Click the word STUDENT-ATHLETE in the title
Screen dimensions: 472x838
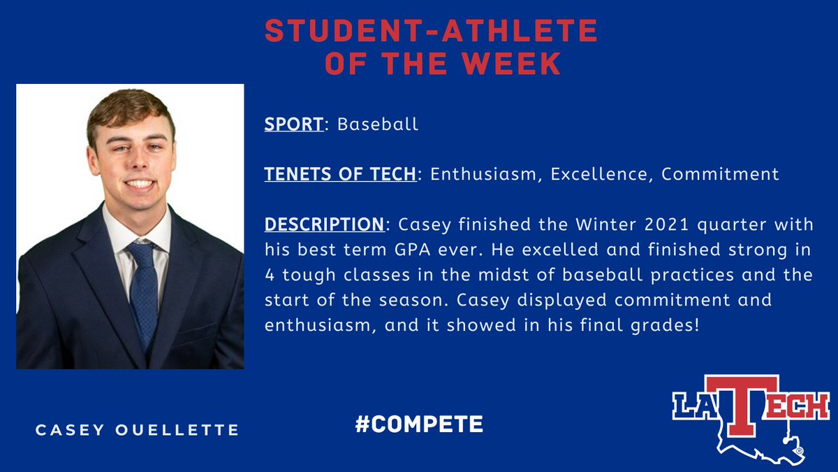tap(431, 32)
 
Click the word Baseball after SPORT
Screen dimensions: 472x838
tap(378, 124)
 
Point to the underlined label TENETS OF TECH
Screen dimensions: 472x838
tap(340, 174)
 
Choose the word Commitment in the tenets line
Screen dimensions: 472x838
tap(720, 174)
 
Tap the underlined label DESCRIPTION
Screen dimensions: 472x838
tap(324, 224)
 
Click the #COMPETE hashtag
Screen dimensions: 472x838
tap(419, 424)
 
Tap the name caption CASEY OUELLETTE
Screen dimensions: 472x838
tap(138, 429)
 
